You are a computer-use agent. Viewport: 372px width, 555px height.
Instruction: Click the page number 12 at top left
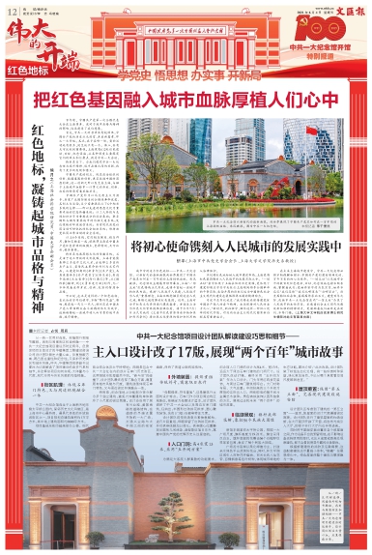click(x=11, y=9)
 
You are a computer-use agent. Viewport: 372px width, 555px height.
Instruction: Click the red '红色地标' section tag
click(x=28, y=71)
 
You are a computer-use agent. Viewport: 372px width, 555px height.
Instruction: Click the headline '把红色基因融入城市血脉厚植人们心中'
click(x=186, y=99)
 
